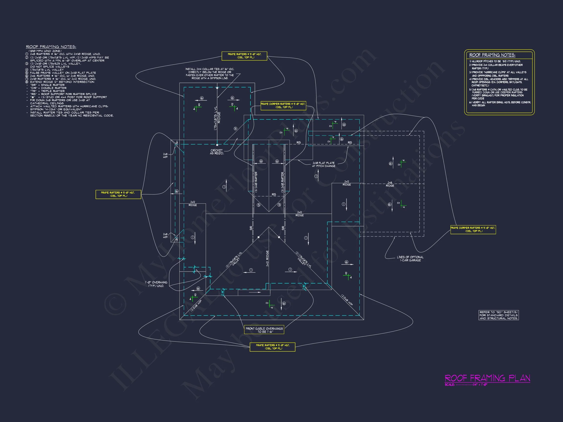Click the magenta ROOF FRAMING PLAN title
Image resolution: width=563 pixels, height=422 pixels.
pyautogui.click(x=487, y=378)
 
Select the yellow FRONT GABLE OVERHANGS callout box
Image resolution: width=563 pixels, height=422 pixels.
pyautogui.click(x=264, y=330)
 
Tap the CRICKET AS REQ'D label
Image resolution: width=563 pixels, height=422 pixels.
pyautogui.click(x=217, y=152)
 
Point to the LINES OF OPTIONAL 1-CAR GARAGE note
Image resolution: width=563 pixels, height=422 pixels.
pyautogui.click(x=410, y=259)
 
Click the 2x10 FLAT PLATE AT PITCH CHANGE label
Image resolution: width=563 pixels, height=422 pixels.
pyautogui.click(x=324, y=164)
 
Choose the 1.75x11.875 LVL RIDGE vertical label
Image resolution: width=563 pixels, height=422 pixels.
pyautogui.click(x=217, y=118)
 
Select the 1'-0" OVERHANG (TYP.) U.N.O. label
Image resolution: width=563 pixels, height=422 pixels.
pyautogui.click(x=156, y=284)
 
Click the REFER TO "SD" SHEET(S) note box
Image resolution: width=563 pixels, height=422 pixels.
pyautogui.click(x=498, y=315)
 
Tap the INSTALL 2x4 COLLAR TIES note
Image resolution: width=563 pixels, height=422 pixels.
pyautogui.click(x=210, y=74)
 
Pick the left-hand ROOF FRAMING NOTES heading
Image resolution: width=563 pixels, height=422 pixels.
pyautogui.click(x=51, y=47)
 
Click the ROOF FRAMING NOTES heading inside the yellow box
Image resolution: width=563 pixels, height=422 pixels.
pyautogui.click(x=492, y=55)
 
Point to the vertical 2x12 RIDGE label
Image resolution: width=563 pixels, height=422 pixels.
pyautogui.click(x=267, y=258)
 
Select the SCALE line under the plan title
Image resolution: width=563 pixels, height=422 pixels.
pyautogui.click(x=466, y=385)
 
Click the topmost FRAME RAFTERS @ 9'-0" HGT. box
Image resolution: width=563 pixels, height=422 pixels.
pyautogui.click(x=244, y=56)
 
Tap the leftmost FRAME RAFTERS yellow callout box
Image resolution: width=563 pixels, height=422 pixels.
pyautogui.click(x=118, y=194)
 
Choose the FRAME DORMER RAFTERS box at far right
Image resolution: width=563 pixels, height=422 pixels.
pyautogui.click(x=473, y=230)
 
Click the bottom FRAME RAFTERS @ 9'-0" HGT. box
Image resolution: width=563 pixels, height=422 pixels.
pyautogui.click(x=272, y=347)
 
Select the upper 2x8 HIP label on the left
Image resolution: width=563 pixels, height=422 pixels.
pyautogui.click(x=165, y=156)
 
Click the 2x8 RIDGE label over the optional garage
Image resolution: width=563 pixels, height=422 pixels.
pyautogui.click(x=390, y=184)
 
